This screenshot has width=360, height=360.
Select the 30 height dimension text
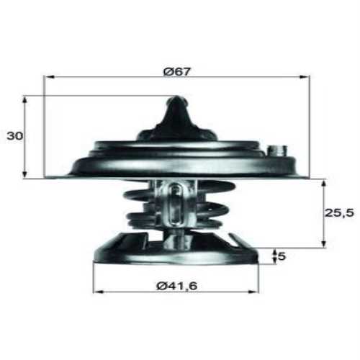(12, 135)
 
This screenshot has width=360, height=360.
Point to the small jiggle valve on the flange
(276, 151)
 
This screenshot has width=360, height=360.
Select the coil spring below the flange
(140, 205)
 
